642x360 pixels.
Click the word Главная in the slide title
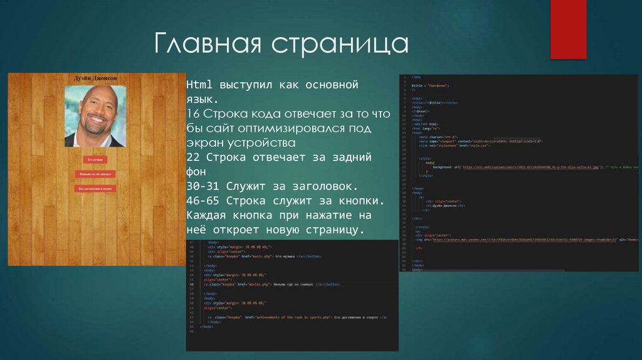(x=209, y=45)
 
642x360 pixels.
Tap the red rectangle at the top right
(x=568, y=29)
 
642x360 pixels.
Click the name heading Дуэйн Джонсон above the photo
(x=96, y=78)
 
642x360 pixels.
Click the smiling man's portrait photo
(x=95, y=116)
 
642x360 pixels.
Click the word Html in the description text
(x=198, y=85)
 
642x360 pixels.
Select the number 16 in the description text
(x=192, y=114)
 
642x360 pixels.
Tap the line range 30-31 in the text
(x=204, y=186)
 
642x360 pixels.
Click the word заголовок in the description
(x=325, y=186)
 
